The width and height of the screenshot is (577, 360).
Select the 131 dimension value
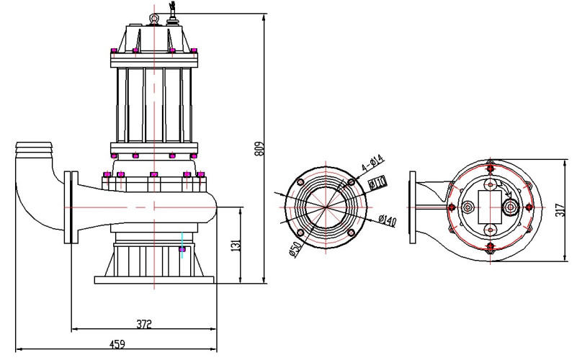[x=235, y=245]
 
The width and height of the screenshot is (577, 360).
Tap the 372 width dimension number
[x=143, y=325]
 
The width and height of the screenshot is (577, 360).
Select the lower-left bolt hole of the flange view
[x=298, y=233]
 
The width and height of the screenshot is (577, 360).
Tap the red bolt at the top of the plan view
[x=491, y=168]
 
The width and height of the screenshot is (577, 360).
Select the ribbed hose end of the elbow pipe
[x=34, y=150]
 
